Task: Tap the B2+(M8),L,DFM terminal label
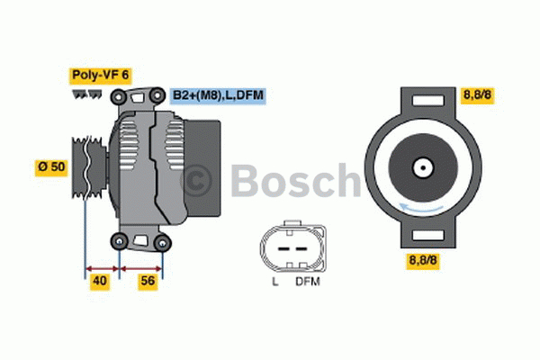(x=218, y=94)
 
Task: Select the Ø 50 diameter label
(x=51, y=166)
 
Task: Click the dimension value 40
(x=100, y=281)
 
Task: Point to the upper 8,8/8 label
(x=478, y=94)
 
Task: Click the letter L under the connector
(x=274, y=283)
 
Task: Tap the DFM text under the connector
(x=308, y=283)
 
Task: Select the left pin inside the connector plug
(x=281, y=245)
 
